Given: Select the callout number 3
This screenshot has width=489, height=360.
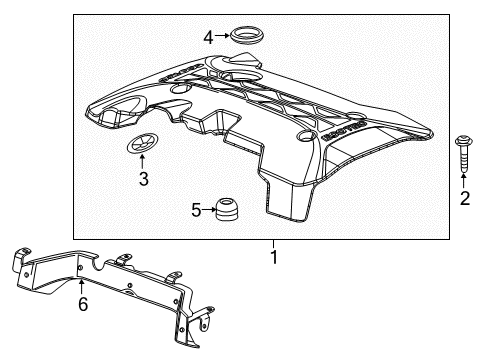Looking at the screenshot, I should point(143,180).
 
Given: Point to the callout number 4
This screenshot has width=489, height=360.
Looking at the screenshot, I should point(209,38).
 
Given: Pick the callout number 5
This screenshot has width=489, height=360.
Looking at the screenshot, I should point(196,210).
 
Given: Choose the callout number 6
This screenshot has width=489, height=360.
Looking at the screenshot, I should point(83,303).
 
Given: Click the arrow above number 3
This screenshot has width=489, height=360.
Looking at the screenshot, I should point(142,163).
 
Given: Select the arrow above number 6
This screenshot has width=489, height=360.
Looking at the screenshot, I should point(83,286).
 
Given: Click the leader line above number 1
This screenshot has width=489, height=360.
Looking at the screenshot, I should point(272,243).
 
